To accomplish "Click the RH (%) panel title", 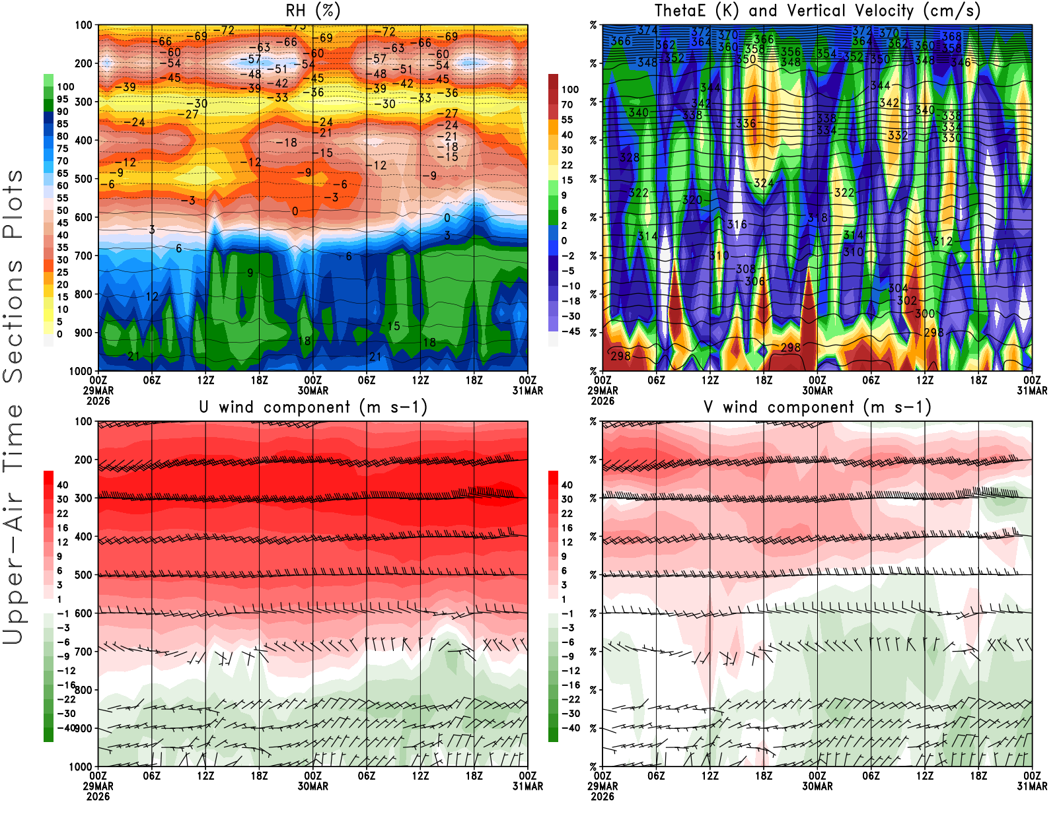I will coord(313,11).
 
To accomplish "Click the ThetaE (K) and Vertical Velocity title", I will coord(817,11).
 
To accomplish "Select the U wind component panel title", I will coord(313,407).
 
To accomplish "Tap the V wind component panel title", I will coord(817,407).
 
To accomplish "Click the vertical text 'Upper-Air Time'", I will coord(13,525).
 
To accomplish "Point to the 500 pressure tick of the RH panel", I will coord(83,179).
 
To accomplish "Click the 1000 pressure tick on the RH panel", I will coord(81,371).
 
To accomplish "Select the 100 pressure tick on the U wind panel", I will coord(83,421).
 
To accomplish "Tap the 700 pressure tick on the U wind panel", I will coord(83,652).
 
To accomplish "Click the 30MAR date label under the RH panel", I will coord(312,391).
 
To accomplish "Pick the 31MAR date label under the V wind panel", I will coord(1032,786).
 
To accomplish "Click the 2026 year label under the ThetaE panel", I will coord(602,401).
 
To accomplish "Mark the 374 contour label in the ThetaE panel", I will coord(647,30).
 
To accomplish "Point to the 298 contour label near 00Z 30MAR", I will coord(791,347).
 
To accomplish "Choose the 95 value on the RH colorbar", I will coord(62,99).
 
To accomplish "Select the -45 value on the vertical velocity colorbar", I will coord(570,331).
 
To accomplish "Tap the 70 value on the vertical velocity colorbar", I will coord(567,104).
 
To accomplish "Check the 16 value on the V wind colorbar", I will coord(567,527).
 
